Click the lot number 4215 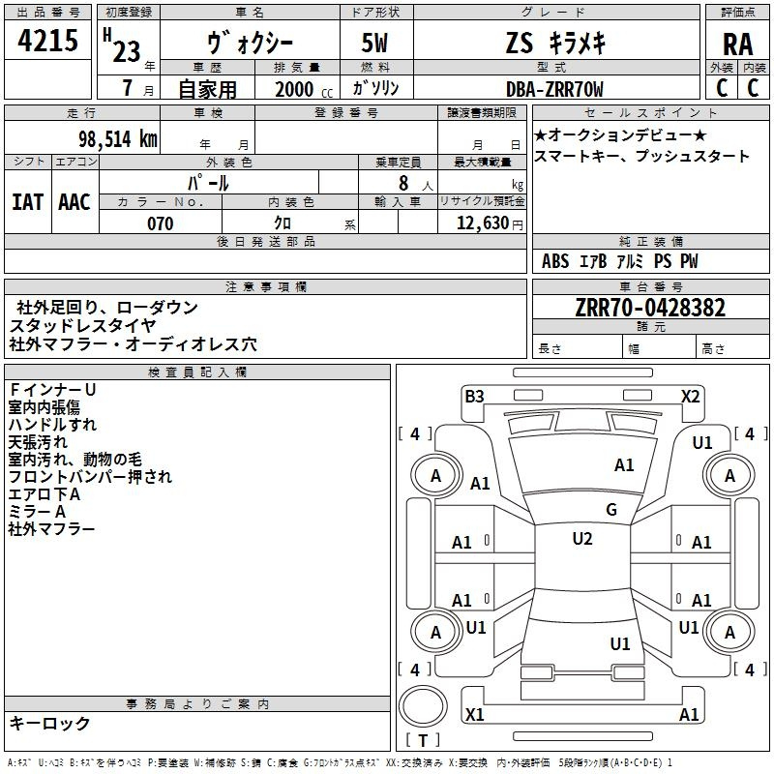coord(47,40)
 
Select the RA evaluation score coord(737,45)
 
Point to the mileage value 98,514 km coord(118,139)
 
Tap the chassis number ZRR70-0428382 coord(650,308)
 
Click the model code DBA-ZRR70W coord(554,89)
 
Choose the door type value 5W coord(374,43)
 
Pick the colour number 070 coord(161,223)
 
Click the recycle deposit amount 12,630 coord(482,223)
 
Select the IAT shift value coord(28,202)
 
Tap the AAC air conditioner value coord(74,202)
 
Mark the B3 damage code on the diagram coord(474,397)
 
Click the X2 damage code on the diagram coord(690,397)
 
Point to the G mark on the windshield coord(611,509)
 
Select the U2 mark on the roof coord(582,539)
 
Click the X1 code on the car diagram coord(474,714)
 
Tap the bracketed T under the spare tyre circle coord(423,740)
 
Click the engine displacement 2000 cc coord(304,90)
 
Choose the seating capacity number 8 coord(403,183)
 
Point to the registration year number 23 coord(127,52)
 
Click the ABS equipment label coord(555,261)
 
